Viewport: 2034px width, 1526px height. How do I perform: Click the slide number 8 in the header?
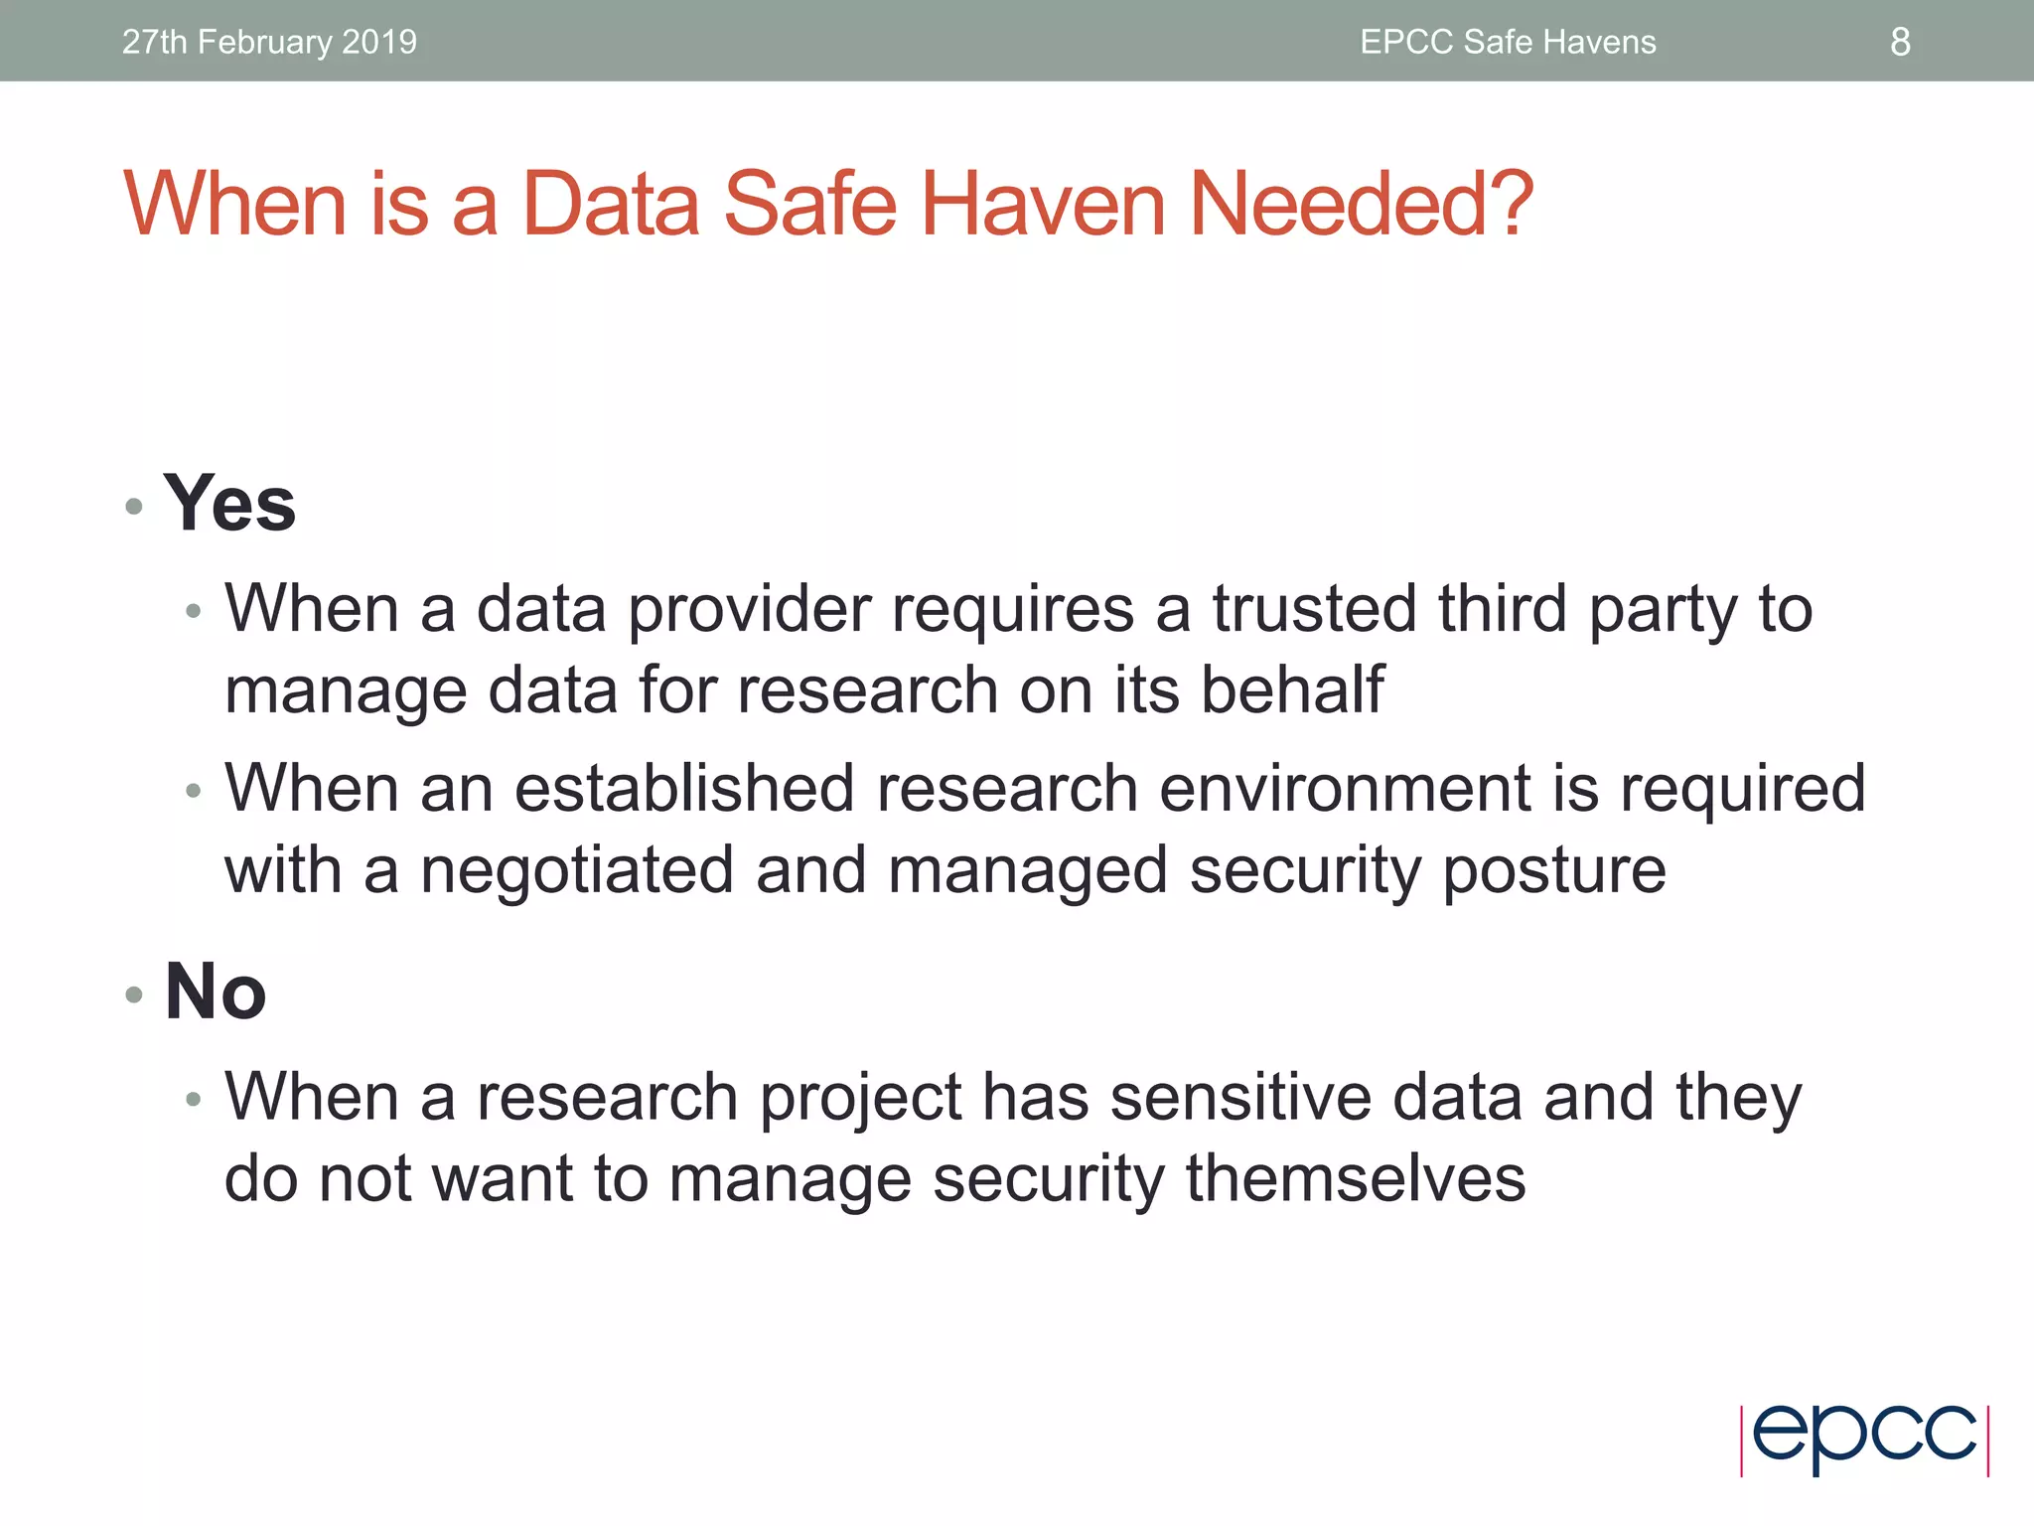(1900, 42)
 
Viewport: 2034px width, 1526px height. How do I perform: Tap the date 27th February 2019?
(269, 42)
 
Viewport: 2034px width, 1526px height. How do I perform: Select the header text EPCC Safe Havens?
(1508, 42)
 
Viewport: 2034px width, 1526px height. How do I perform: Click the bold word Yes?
(229, 504)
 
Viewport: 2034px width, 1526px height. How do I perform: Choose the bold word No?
(216, 992)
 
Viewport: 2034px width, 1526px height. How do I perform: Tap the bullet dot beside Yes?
(135, 508)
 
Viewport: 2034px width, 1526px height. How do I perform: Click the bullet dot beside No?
(135, 994)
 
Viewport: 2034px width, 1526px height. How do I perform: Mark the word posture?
(1553, 872)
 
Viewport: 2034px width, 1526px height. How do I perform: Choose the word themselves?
(1356, 1178)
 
